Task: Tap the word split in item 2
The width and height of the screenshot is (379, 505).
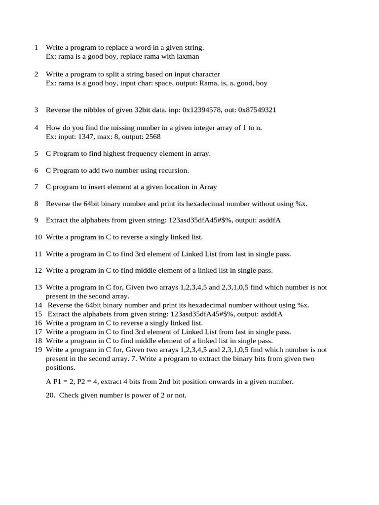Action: tap(114, 74)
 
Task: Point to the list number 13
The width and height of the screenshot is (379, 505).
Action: tap(38, 288)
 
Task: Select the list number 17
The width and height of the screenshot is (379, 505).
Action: tap(38, 332)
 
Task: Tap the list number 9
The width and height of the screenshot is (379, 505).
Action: tap(37, 220)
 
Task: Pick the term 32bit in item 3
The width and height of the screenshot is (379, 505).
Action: tap(144, 110)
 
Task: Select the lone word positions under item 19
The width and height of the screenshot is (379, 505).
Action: tap(60, 368)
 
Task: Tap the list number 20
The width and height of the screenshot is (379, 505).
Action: tap(50, 396)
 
